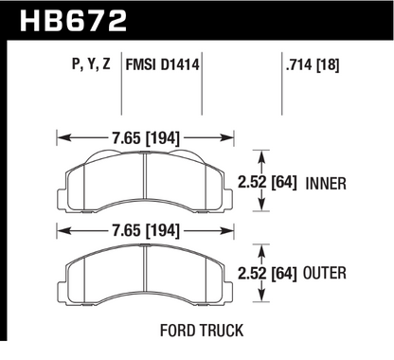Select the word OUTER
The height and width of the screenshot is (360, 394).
tap(338, 275)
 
